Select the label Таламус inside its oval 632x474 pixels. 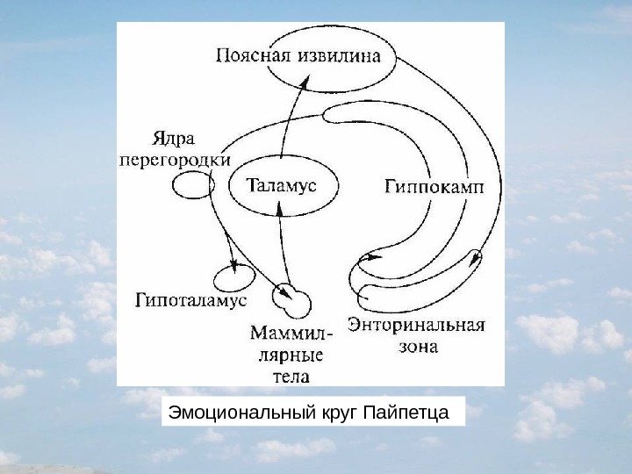pyautogui.click(x=281, y=185)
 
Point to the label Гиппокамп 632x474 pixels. pyautogui.click(x=433, y=186)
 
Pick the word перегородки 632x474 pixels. pyautogui.click(x=175, y=161)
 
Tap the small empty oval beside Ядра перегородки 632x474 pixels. pyautogui.click(x=190, y=186)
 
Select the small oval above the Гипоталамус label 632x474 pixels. pyautogui.click(x=234, y=278)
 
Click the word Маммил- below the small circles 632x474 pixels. pyautogui.click(x=291, y=334)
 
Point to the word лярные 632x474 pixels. pyautogui.click(x=289, y=355)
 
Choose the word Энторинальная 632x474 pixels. pyautogui.click(x=416, y=326)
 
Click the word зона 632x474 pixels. pyautogui.click(x=415, y=347)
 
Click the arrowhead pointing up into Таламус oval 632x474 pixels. pyautogui.click(x=278, y=207)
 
